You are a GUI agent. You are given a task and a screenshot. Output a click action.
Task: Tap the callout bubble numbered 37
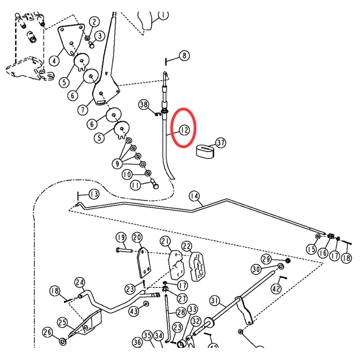[x=220, y=143]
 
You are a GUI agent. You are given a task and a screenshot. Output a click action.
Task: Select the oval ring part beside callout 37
[x=206, y=150]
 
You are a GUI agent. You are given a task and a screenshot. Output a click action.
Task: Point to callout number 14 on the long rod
[x=194, y=196]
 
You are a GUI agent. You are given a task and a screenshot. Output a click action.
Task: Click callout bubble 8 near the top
[x=184, y=56]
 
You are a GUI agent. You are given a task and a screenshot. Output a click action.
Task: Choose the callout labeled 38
[x=143, y=105]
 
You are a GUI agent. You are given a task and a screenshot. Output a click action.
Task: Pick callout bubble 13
[x=94, y=194]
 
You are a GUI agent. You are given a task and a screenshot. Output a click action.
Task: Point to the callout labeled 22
[x=187, y=246]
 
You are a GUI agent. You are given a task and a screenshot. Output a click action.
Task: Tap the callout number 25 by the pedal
[x=63, y=322]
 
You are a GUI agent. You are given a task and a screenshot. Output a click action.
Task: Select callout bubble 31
[x=215, y=300]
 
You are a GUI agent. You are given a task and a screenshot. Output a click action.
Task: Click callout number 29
[x=266, y=259]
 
